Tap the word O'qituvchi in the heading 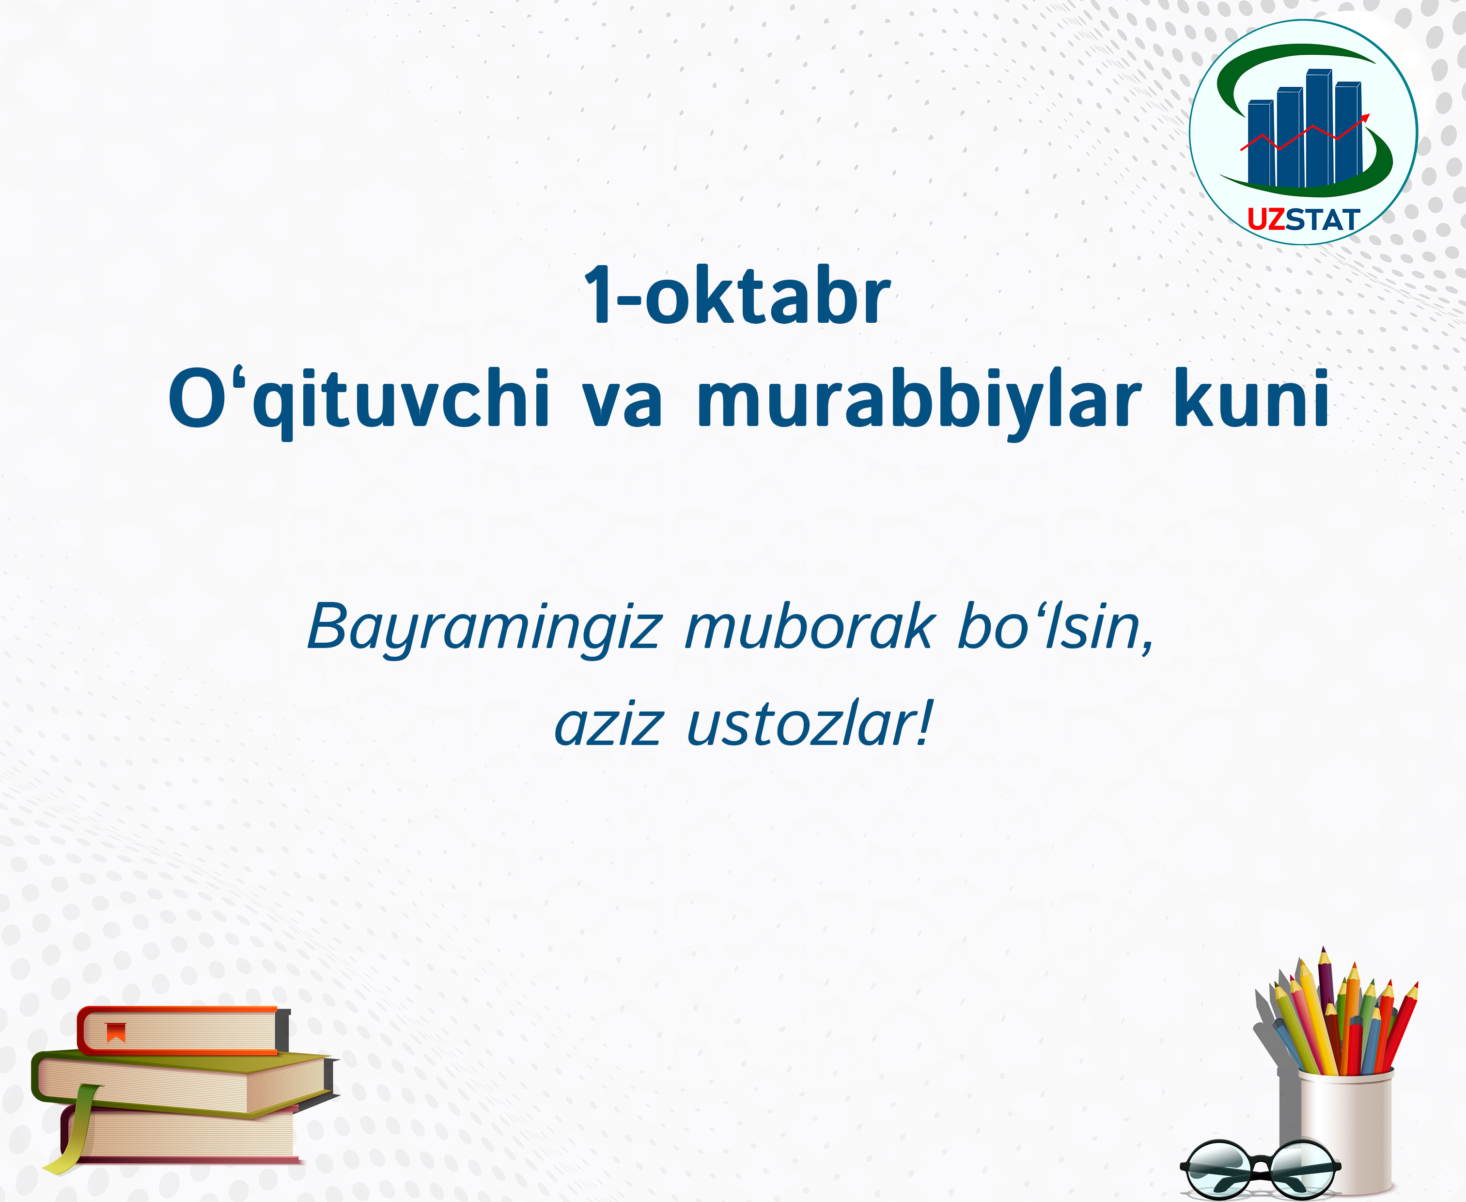click(x=359, y=401)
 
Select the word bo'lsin click(x=1056, y=627)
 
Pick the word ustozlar click(x=810, y=724)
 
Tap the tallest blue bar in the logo click(x=1319, y=128)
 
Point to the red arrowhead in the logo click(x=1364, y=118)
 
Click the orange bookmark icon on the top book click(x=116, y=1032)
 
